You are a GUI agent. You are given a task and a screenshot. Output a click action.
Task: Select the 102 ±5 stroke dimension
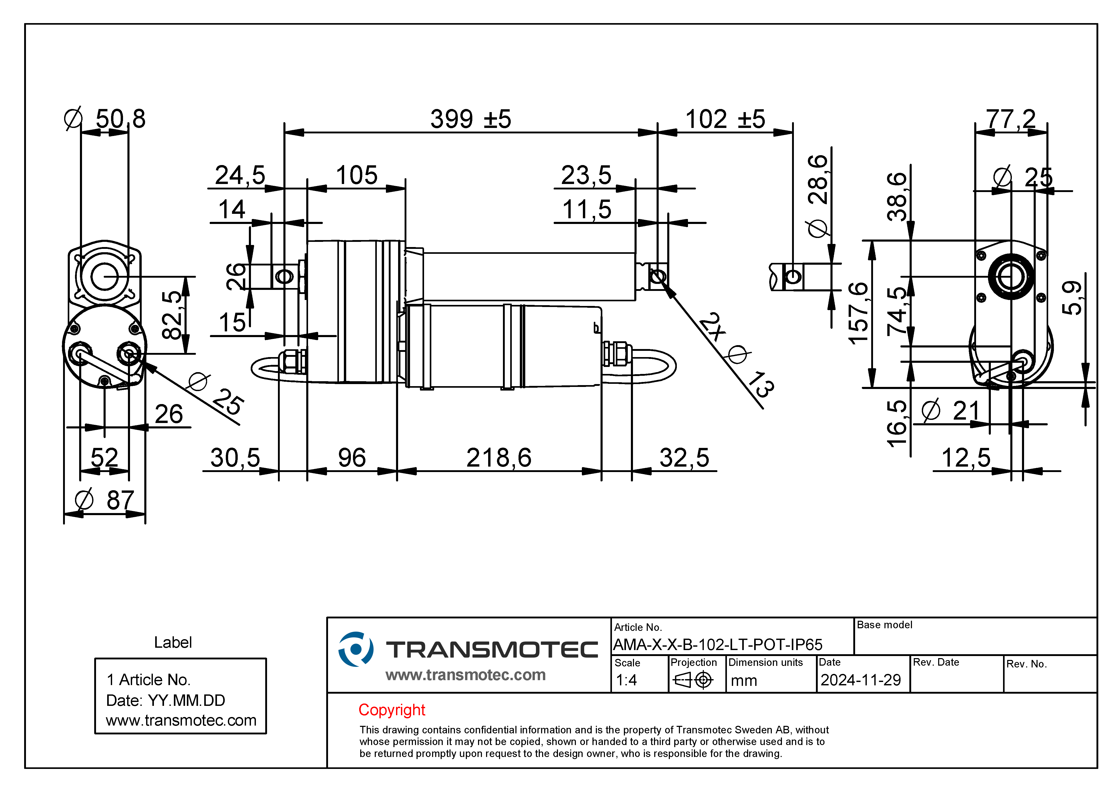725,119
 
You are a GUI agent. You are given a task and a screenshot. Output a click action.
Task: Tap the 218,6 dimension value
499,458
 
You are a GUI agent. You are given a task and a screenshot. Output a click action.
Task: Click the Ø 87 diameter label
105,500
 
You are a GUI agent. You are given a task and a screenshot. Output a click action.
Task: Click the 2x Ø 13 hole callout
737,355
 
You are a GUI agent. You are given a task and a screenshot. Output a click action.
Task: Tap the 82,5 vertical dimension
172,315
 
